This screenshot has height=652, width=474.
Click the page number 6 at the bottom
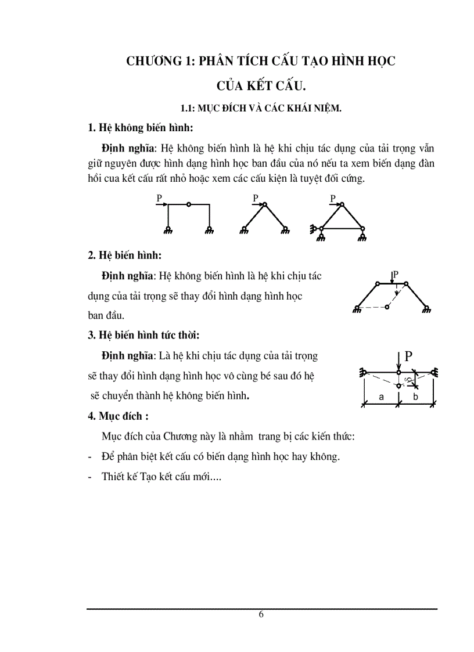pyautogui.click(x=261, y=615)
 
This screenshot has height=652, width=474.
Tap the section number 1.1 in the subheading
pyautogui.click(x=188, y=108)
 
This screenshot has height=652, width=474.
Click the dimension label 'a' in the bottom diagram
pyautogui.click(x=380, y=397)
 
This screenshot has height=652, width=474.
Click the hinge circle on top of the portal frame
pyautogui.click(x=189, y=204)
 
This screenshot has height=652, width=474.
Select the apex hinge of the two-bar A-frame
pyautogui.click(x=264, y=204)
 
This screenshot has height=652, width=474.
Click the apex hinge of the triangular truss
pyautogui.click(x=342, y=204)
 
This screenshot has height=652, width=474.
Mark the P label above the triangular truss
pyautogui.click(x=333, y=199)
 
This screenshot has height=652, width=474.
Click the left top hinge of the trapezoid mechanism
pyautogui.click(x=378, y=283)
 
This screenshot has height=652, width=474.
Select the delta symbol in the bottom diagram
pyautogui.click(x=408, y=380)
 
